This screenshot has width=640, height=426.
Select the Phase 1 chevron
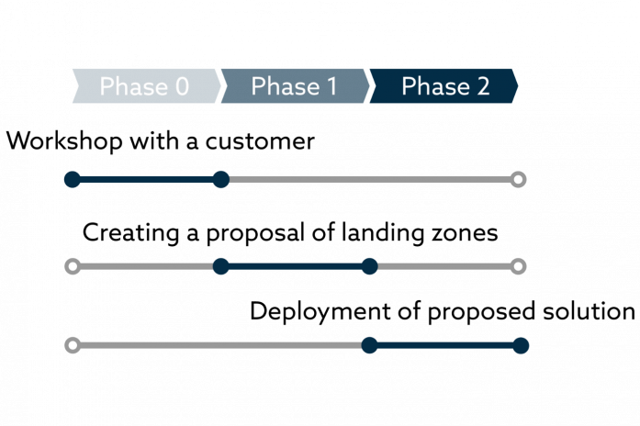pyautogui.click(x=295, y=86)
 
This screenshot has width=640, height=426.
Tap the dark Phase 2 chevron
pyautogui.click(x=444, y=86)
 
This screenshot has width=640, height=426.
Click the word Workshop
pyautogui.click(x=64, y=141)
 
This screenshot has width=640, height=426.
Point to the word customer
pyautogui.click(x=260, y=141)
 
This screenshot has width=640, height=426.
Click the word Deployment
pyautogui.click(x=320, y=312)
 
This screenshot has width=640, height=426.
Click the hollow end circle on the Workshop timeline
pyautogui.click(x=519, y=180)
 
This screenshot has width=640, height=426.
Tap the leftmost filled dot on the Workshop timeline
pyautogui.click(x=73, y=180)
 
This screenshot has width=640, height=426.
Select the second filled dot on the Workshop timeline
pyautogui.click(x=220, y=180)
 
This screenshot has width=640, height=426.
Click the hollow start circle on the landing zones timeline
pyautogui.click(x=73, y=266)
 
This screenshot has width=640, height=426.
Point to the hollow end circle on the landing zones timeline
pyautogui.click(x=519, y=266)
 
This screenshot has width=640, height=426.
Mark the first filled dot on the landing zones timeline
pyautogui.click(x=220, y=266)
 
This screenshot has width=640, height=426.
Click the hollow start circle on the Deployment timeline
pyautogui.click(x=73, y=345)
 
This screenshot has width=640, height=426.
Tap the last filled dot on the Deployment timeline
pyautogui.click(x=521, y=345)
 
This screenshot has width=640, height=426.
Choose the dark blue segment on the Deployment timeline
pyautogui.click(x=445, y=345)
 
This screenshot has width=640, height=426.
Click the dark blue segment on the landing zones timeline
pyautogui.click(x=295, y=266)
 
